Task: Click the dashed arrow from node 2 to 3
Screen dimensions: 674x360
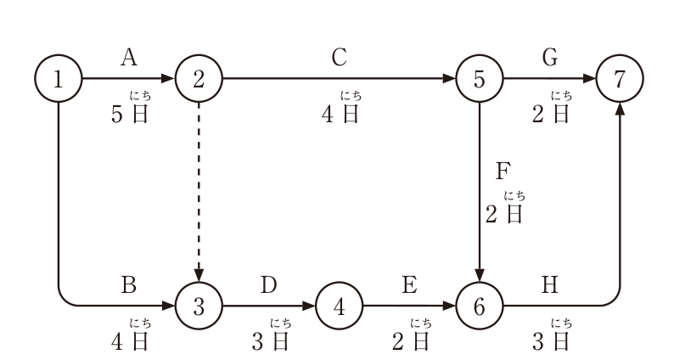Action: (x=199, y=192)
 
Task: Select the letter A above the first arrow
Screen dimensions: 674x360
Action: (x=129, y=58)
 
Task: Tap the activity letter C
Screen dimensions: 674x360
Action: (x=340, y=58)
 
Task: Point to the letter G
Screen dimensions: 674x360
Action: (x=550, y=58)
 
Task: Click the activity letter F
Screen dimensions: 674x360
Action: (x=503, y=172)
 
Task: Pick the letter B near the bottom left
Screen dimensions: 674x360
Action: (x=129, y=285)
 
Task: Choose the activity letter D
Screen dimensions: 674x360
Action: (x=269, y=285)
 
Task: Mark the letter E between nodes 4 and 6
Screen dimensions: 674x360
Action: (x=409, y=285)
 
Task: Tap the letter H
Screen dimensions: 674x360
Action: (x=550, y=285)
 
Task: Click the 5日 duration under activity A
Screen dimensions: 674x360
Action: (x=129, y=115)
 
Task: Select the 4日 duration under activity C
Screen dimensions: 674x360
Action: (x=340, y=115)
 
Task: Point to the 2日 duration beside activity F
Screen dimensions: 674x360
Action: (x=503, y=214)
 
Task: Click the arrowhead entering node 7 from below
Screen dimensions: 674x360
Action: (x=620, y=108)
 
